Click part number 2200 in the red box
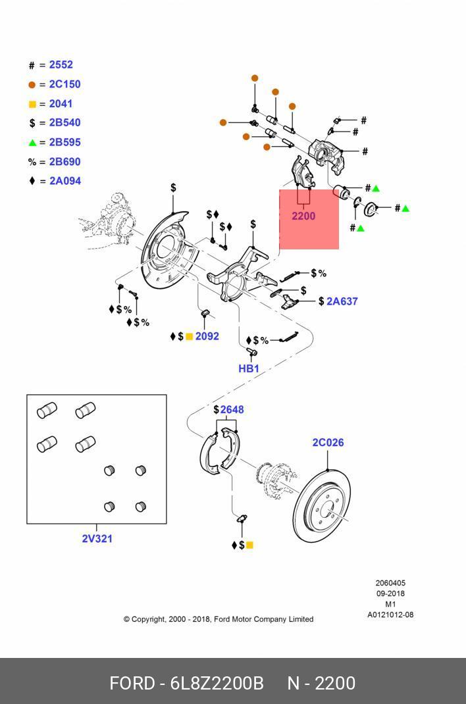click(303, 216)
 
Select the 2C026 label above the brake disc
click(328, 442)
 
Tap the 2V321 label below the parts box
click(97, 538)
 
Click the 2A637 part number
click(342, 301)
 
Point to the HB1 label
click(249, 368)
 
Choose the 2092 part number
click(207, 336)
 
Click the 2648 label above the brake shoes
click(232, 409)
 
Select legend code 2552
click(61, 64)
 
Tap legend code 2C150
click(65, 84)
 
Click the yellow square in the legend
click(32, 104)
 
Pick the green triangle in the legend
click(32, 142)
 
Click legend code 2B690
click(65, 161)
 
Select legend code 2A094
click(65, 180)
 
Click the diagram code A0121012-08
click(390, 615)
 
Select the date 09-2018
click(390, 593)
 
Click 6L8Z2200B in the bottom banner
click(217, 684)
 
